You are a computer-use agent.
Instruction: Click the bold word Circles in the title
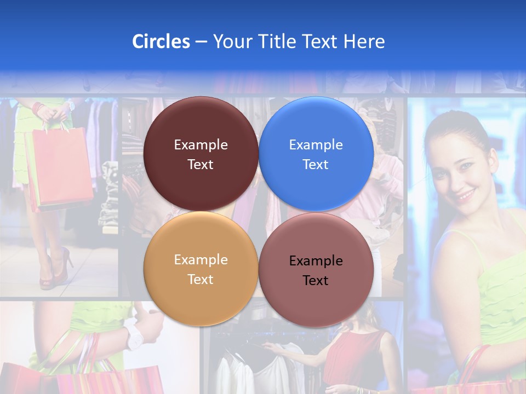click(x=161, y=42)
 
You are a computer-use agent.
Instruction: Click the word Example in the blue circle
click(x=316, y=145)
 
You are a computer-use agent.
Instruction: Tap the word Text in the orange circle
click(x=201, y=280)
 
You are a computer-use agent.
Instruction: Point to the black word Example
click(x=316, y=261)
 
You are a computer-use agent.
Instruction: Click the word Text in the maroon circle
click(x=201, y=165)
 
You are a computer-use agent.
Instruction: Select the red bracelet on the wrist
click(x=38, y=108)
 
